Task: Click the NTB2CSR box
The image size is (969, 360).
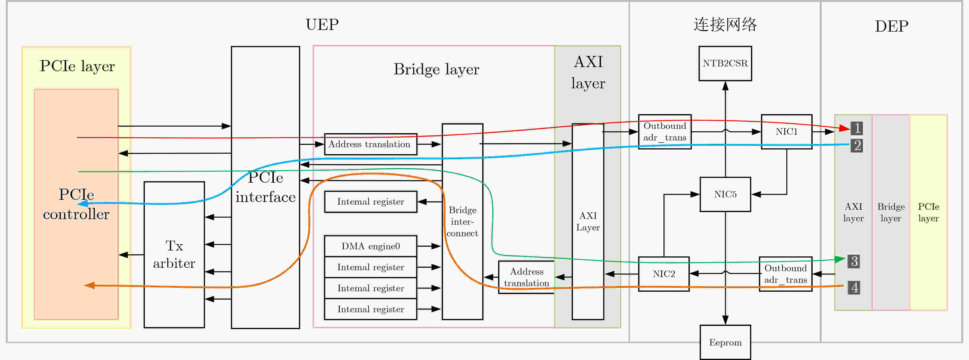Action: coord(725,63)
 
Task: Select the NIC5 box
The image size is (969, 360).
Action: coord(725,194)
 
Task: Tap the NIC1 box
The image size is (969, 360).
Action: coord(786,132)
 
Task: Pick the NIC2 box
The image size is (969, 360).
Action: coord(664,274)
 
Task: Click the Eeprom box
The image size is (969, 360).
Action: coord(725,342)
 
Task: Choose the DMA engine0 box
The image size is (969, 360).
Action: coord(371,246)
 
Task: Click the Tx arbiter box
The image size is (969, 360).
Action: coord(174,255)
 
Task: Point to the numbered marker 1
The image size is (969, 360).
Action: coord(857,128)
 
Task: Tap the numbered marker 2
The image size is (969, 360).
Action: coord(857,145)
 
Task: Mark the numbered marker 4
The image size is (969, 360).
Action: coord(854,287)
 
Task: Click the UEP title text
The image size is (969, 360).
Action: coord(322,25)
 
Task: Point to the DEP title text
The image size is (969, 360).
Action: coord(891,26)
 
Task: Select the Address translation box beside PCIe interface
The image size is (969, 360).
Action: coord(371,144)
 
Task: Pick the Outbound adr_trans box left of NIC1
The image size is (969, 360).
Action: coord(665,132)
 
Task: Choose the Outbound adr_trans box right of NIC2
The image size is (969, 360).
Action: coord(785,274)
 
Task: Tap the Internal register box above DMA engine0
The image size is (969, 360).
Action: coord(371,202)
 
